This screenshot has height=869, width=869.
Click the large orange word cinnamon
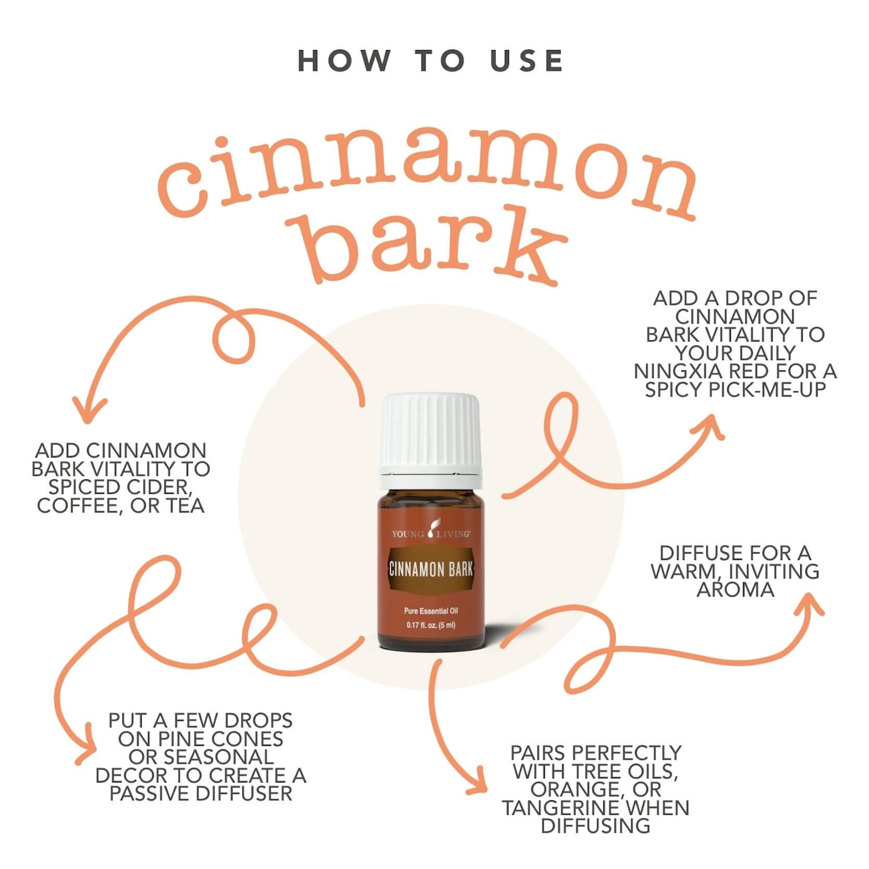pos(427,180)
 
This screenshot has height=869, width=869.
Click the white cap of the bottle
pos(429,434)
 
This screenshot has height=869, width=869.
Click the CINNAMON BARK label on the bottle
pos(431,569)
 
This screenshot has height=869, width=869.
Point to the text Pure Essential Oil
pos(431,611)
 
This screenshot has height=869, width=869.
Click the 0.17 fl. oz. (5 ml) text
pos(431,625)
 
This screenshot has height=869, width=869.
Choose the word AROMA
pos(735,590)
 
